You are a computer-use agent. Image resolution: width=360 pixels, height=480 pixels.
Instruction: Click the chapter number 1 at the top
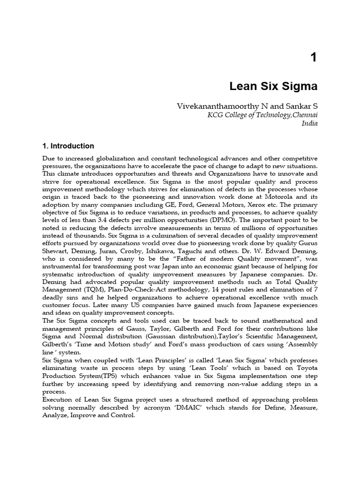pyautogui.click(x=313, y=57)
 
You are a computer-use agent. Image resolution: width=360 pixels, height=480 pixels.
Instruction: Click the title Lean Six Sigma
pyautogui.click(x=274, y=87)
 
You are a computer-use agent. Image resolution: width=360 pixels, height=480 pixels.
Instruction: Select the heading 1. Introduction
pyautogui.click(x=68, y=146)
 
